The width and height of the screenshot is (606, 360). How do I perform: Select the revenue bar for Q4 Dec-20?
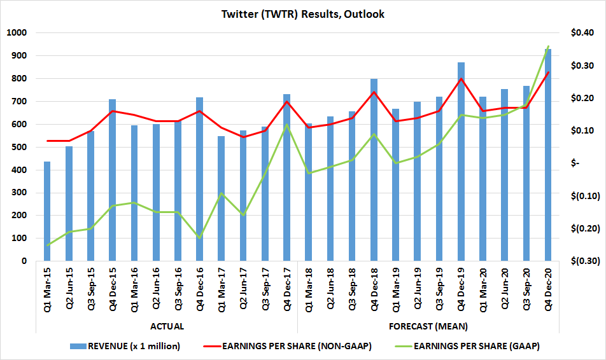(548, 159)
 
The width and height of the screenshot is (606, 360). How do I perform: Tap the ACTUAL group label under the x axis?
(167, 326)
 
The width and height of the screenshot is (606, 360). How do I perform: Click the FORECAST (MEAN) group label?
(428, 326)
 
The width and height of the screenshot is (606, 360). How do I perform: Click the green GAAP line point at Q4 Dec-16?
(200, 237)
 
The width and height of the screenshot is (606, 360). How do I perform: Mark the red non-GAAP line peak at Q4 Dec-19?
(461, 79)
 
